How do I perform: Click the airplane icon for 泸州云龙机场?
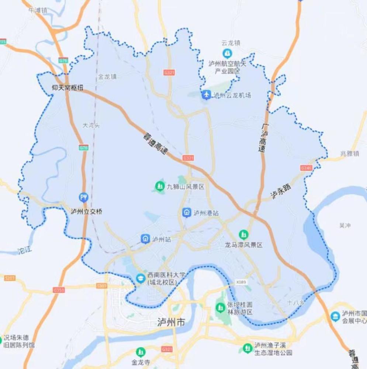(x=207, y=95)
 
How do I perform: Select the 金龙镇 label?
(x=107, y=77)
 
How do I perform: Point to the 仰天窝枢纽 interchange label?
(x=68, y=87)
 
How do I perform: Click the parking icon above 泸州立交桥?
(x=84, y=197)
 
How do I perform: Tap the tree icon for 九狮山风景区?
(x=159, y=186)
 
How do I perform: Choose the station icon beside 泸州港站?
(x=187, y=213)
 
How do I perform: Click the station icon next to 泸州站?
(x=145, y=239)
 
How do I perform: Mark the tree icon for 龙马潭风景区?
(x=243, y=234)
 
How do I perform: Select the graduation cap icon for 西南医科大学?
(x=140, y=278)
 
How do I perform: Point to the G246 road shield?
(x=306, y=168)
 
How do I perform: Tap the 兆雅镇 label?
(x=350, y=154)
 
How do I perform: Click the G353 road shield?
(x=59, y=290)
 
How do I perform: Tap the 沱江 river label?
(x=25, y=251)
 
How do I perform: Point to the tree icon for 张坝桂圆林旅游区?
(x=220, y=307)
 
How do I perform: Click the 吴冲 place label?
(x=345, y=225)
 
